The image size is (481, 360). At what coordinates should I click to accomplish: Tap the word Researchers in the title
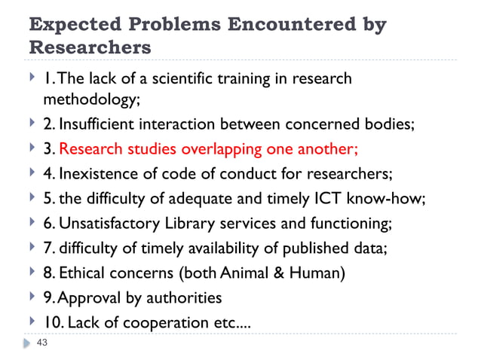89,47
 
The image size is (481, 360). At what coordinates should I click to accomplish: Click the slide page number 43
42,343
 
